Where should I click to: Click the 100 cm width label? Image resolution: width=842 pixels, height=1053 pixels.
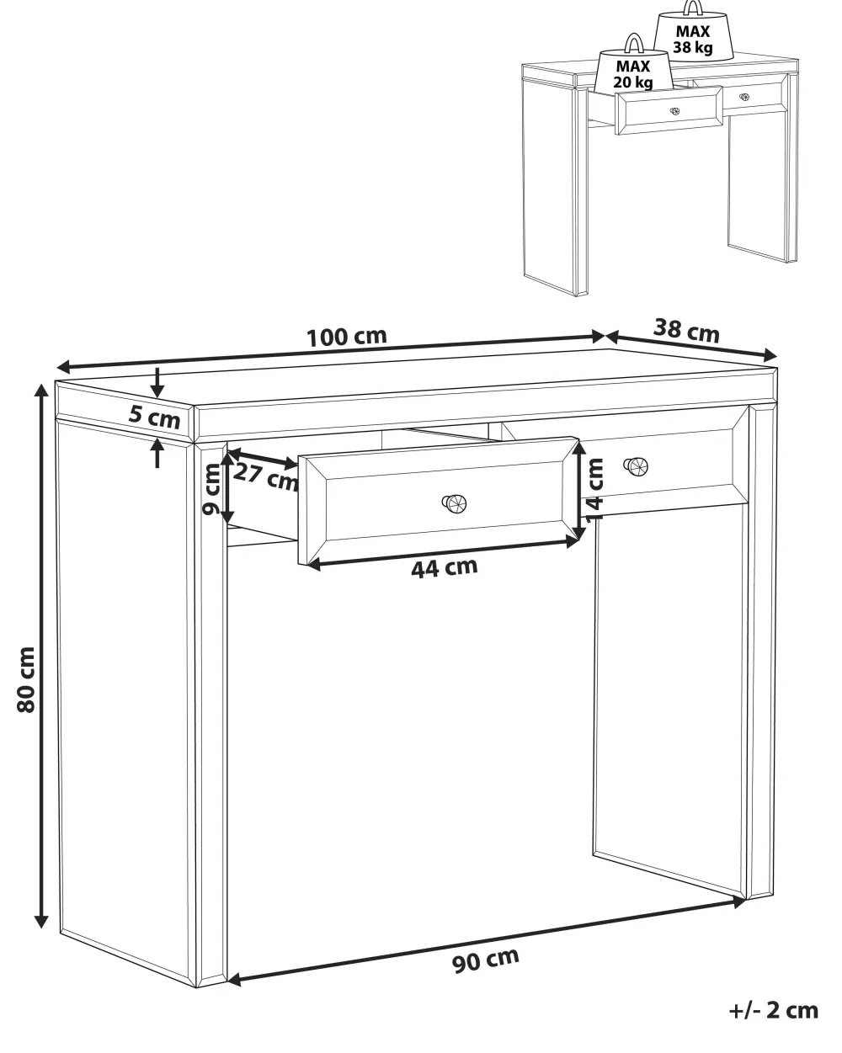pos(347,337)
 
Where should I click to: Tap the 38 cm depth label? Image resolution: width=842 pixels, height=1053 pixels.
pos(686,330)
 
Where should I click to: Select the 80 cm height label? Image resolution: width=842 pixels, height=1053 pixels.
pos(26,680)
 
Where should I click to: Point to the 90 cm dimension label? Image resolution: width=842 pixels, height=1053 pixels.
pos(485,960)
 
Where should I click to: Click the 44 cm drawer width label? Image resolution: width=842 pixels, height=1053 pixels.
pos(444,567)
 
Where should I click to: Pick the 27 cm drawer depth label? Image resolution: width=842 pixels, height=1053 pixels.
pos(265,477)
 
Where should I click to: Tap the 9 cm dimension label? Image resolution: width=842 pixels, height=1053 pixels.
pos(212,489)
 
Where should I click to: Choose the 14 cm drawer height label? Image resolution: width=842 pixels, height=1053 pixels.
pos(594,490)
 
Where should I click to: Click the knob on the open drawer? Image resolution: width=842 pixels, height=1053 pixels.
pos(454,503)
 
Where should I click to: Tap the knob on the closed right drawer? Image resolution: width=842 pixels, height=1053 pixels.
pos(636,466)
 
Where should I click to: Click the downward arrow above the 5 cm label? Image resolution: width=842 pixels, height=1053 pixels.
pos(157,383)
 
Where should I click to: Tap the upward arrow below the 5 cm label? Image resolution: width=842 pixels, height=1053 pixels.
pos(157,453)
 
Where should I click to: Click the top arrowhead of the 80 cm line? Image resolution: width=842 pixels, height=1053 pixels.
pos(42,391)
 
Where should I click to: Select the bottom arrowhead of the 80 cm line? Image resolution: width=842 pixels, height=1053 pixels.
pos(42,922)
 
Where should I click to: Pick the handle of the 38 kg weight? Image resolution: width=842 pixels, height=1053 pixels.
pos(693,7)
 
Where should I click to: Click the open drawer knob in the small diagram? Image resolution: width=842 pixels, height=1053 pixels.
pos(674,111)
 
